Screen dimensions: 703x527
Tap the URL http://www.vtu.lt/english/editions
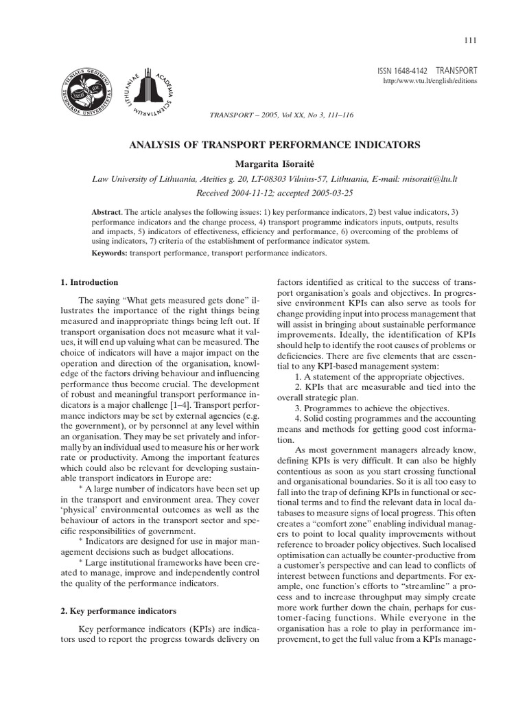tap(429, 81)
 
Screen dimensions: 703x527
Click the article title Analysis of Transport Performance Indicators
tap(274, 146)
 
